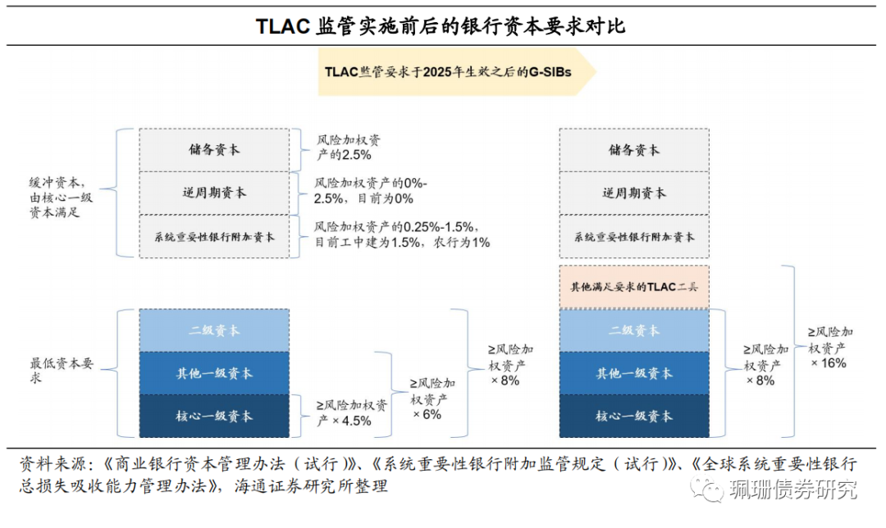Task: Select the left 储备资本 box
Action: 213,150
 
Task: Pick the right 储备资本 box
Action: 633,150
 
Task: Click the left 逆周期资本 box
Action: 213,193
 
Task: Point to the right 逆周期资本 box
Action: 633,193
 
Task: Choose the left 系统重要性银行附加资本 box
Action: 213,237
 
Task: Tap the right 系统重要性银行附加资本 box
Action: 633,237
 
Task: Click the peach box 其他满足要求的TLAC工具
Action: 633,287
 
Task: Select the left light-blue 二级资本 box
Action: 213,330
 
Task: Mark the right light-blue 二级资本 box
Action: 633,330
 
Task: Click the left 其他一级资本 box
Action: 213,373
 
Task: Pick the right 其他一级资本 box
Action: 633,373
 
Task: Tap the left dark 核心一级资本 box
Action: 213,416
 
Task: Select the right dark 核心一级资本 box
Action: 633,416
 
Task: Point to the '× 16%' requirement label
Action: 829,362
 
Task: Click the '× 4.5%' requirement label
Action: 345,421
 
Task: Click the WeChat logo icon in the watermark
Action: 706,489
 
